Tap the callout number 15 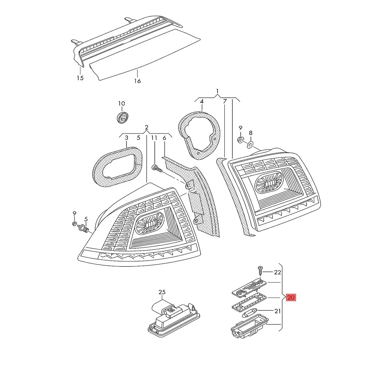[80, 78]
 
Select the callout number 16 [137, 81]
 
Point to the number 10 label [122, 103]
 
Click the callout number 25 [162, 292]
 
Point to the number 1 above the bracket [217, 91]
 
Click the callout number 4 [202, 101]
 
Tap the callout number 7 [225, 101]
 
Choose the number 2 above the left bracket [146, 128]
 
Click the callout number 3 [126, 138]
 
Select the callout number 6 [164, 138]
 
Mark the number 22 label [277, 272]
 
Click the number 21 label [277, 311]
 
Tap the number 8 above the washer [251, 133]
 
